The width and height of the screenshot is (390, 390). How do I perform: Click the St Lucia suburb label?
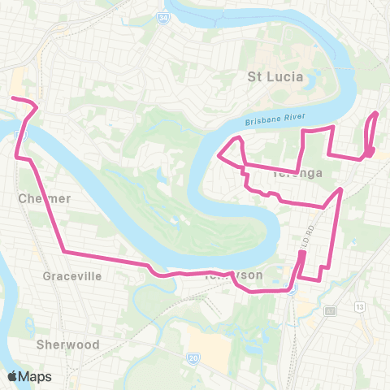tap(275, 77)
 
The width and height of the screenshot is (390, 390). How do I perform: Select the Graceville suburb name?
tap(72, 275)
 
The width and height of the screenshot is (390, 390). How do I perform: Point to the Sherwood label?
tap(67, 344)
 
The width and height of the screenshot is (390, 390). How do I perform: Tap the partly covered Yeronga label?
tap(297, 172)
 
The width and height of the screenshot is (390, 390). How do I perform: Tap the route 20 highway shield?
tap(193, 357)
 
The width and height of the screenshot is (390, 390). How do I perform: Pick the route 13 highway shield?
tap(357, 305)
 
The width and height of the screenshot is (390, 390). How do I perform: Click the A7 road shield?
tap(330, 310)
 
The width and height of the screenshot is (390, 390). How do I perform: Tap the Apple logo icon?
tap(13, 376)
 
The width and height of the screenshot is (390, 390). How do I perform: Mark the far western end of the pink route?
tap(11, 99)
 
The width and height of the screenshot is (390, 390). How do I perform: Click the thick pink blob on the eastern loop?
tap(369, 152)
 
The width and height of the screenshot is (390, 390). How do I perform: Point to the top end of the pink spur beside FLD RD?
tap(302, 253)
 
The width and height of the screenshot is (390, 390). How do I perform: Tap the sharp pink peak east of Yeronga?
tap(341, 188)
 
